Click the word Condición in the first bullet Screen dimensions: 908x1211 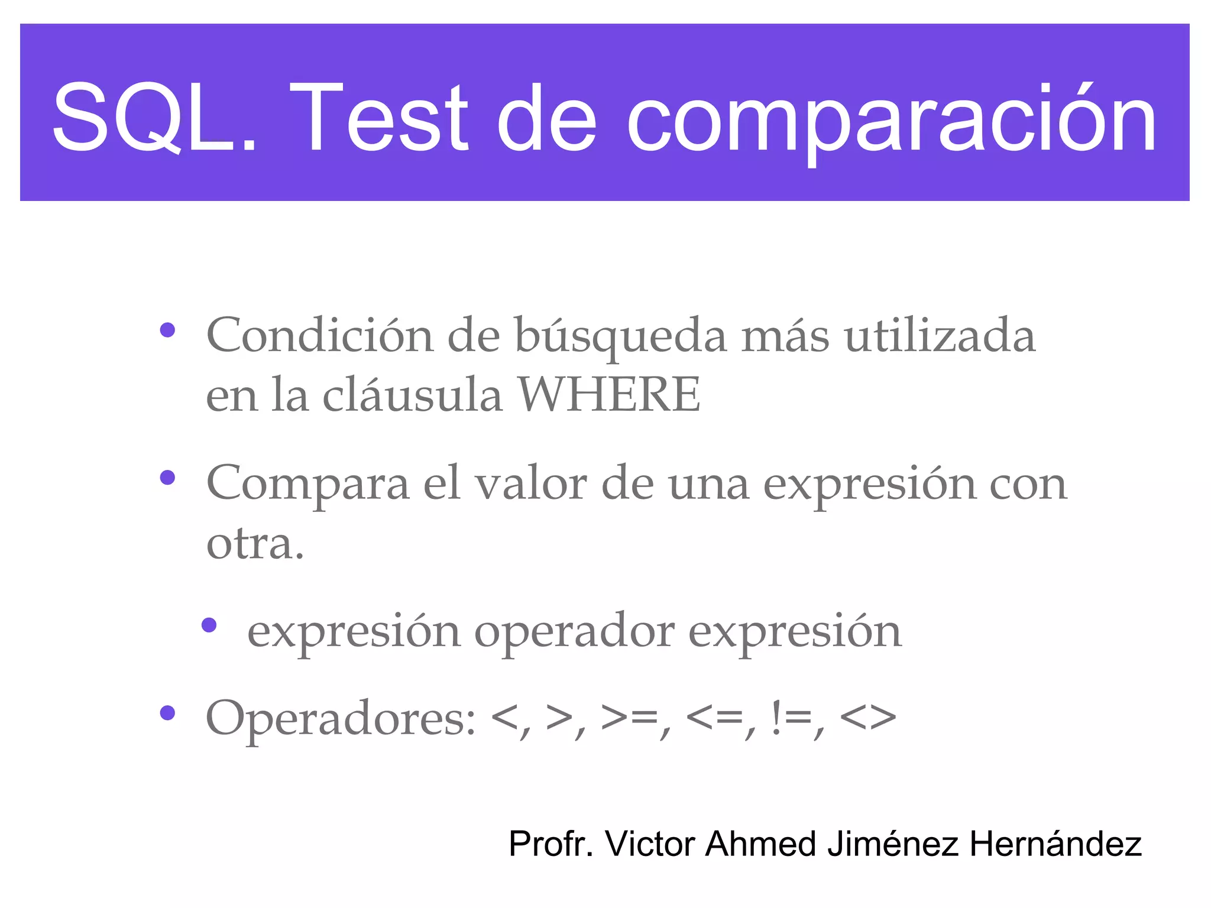point(320,335)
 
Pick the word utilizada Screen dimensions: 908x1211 point(940,335)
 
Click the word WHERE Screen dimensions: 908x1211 point(610,395)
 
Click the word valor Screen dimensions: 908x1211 point(532,484)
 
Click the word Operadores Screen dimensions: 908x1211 point(341,719)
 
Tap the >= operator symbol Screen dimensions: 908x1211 point(629,718)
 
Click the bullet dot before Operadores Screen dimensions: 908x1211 point(167,713)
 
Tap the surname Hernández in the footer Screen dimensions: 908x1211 point(1055,844)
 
